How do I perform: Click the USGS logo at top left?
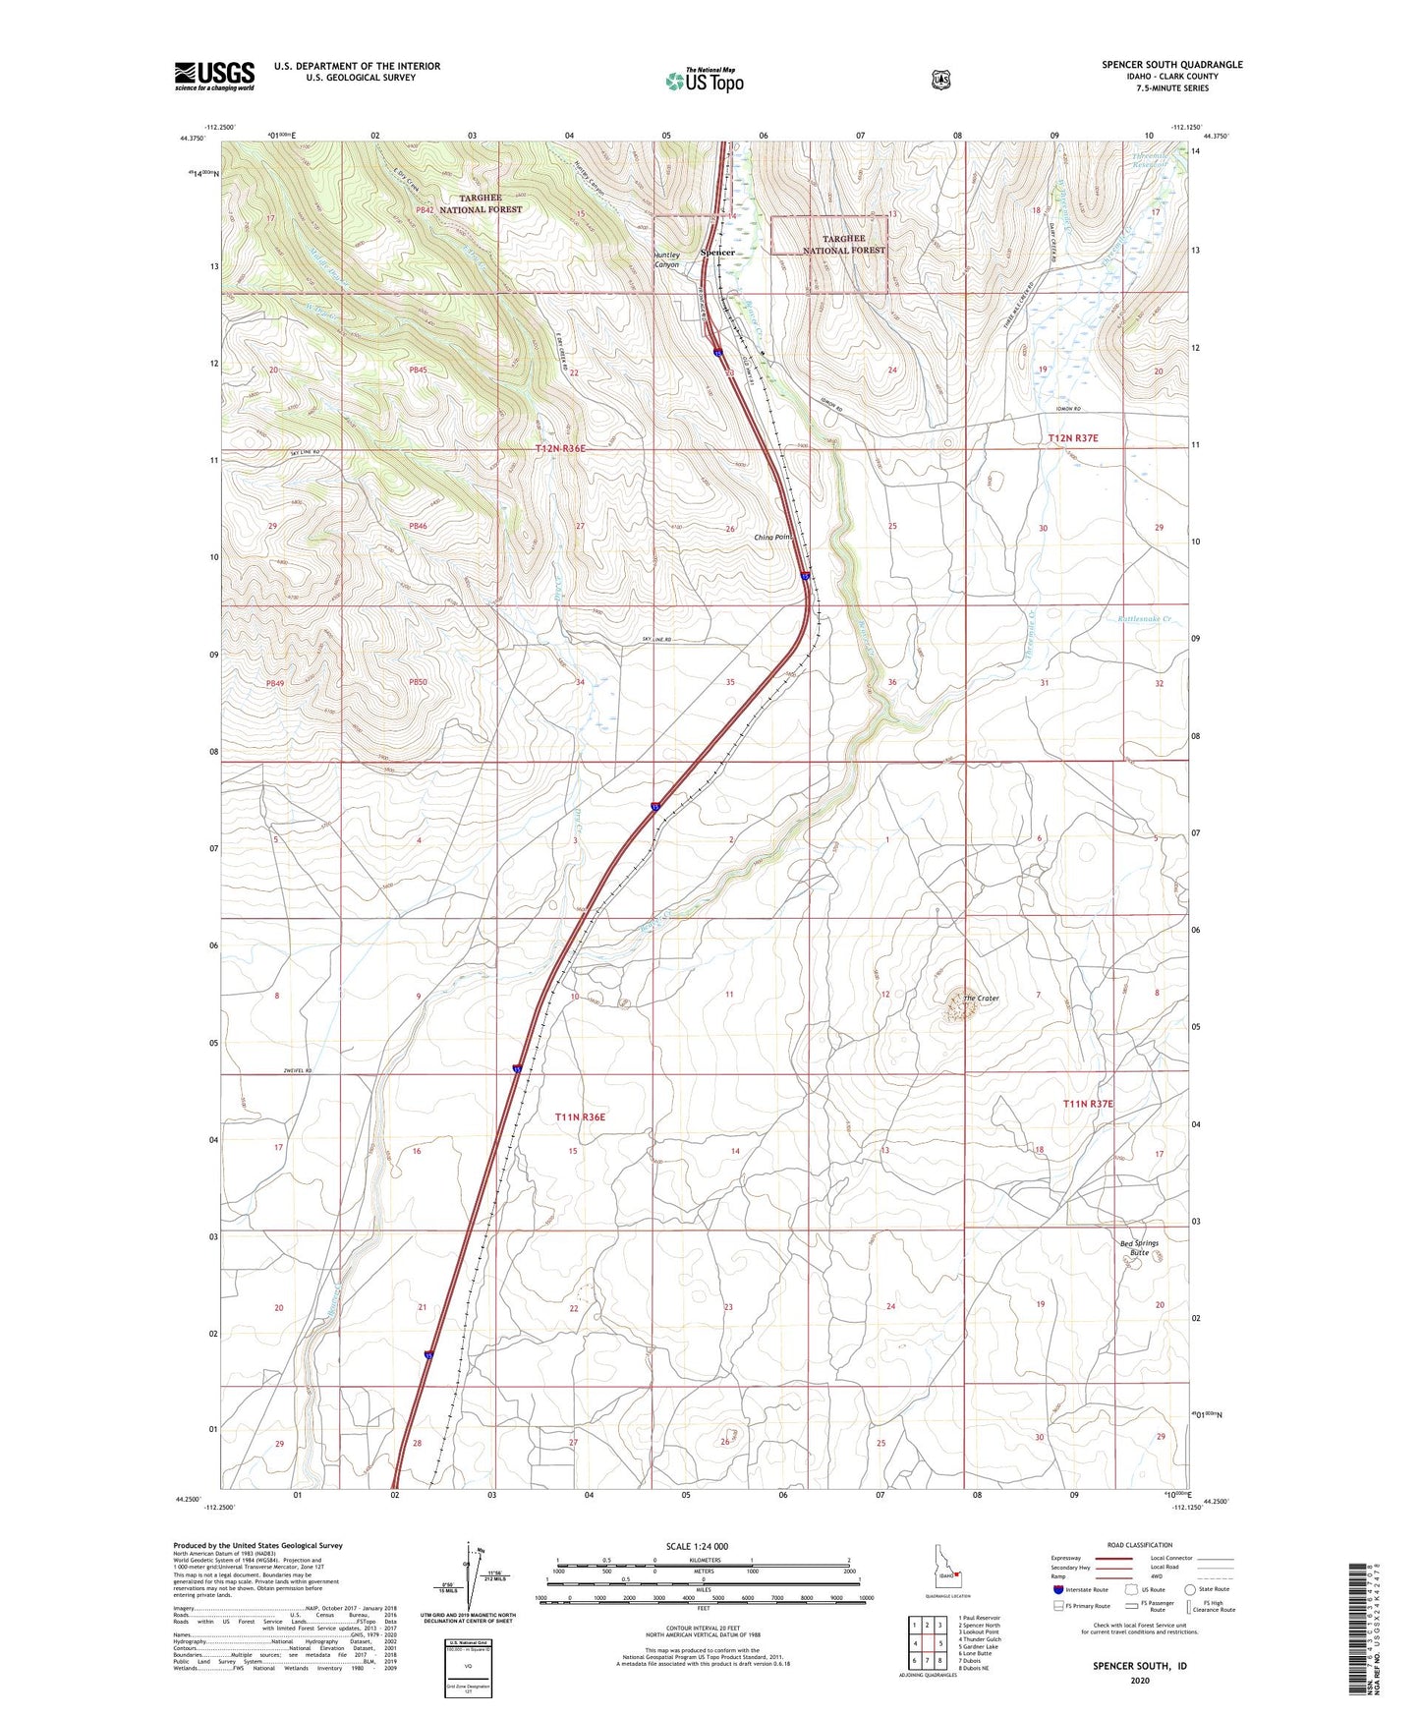coord(214,76)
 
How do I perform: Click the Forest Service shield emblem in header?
coord(940,80)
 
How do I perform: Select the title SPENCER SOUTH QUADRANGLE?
coord(1171,65)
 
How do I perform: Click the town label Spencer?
coord(717,253)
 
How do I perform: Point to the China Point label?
coord(772,538)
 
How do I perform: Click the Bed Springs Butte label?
coord(1139,1248)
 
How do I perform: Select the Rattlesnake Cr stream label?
coord(1145,619)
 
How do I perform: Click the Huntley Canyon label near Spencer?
coord(667,260)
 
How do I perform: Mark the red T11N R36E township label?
coord(580,1117)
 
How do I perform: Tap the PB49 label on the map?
coord(274,683)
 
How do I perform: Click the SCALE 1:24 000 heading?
coord(697,1546)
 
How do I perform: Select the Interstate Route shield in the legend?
coord(1057,1589)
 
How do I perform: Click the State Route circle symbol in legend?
coord(1190,1589)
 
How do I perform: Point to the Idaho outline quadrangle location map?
coord(946,1569)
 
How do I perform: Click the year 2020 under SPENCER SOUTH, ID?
coord(1139,1680)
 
